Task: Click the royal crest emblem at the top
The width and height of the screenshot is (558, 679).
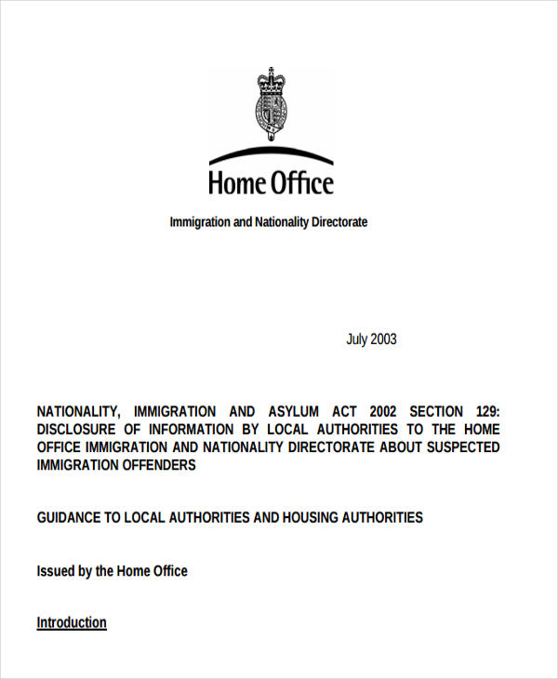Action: coord(270,103)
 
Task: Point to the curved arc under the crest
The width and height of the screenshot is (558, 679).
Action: coord(270,153)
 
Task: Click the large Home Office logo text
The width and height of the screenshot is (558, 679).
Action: coord(270,182)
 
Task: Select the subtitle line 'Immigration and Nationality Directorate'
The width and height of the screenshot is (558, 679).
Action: coord(269,222)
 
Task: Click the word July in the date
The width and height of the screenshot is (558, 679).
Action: coord(357,339)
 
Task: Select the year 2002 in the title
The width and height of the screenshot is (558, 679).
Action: coord(386,411)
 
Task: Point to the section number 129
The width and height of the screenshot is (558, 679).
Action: coord(483,411)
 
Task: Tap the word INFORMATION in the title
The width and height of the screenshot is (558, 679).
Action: coord(197,429)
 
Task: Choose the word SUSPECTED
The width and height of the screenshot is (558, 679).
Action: coord(456,447)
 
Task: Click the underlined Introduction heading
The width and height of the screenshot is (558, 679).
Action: coord(72,622)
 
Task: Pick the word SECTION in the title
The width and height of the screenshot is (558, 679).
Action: coord(434,411)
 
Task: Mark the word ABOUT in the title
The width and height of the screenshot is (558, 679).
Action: coord(385,447)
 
